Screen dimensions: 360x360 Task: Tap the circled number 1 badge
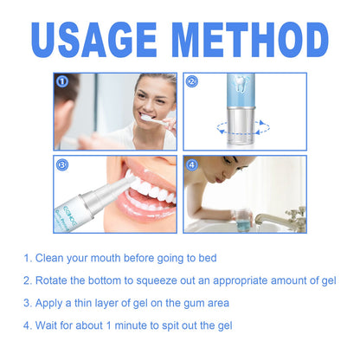tap(61, 82)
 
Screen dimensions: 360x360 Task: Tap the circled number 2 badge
tap(192, 82)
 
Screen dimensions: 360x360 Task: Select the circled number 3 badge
tap(61, 163)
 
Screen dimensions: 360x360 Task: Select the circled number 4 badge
tap(192, 163)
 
